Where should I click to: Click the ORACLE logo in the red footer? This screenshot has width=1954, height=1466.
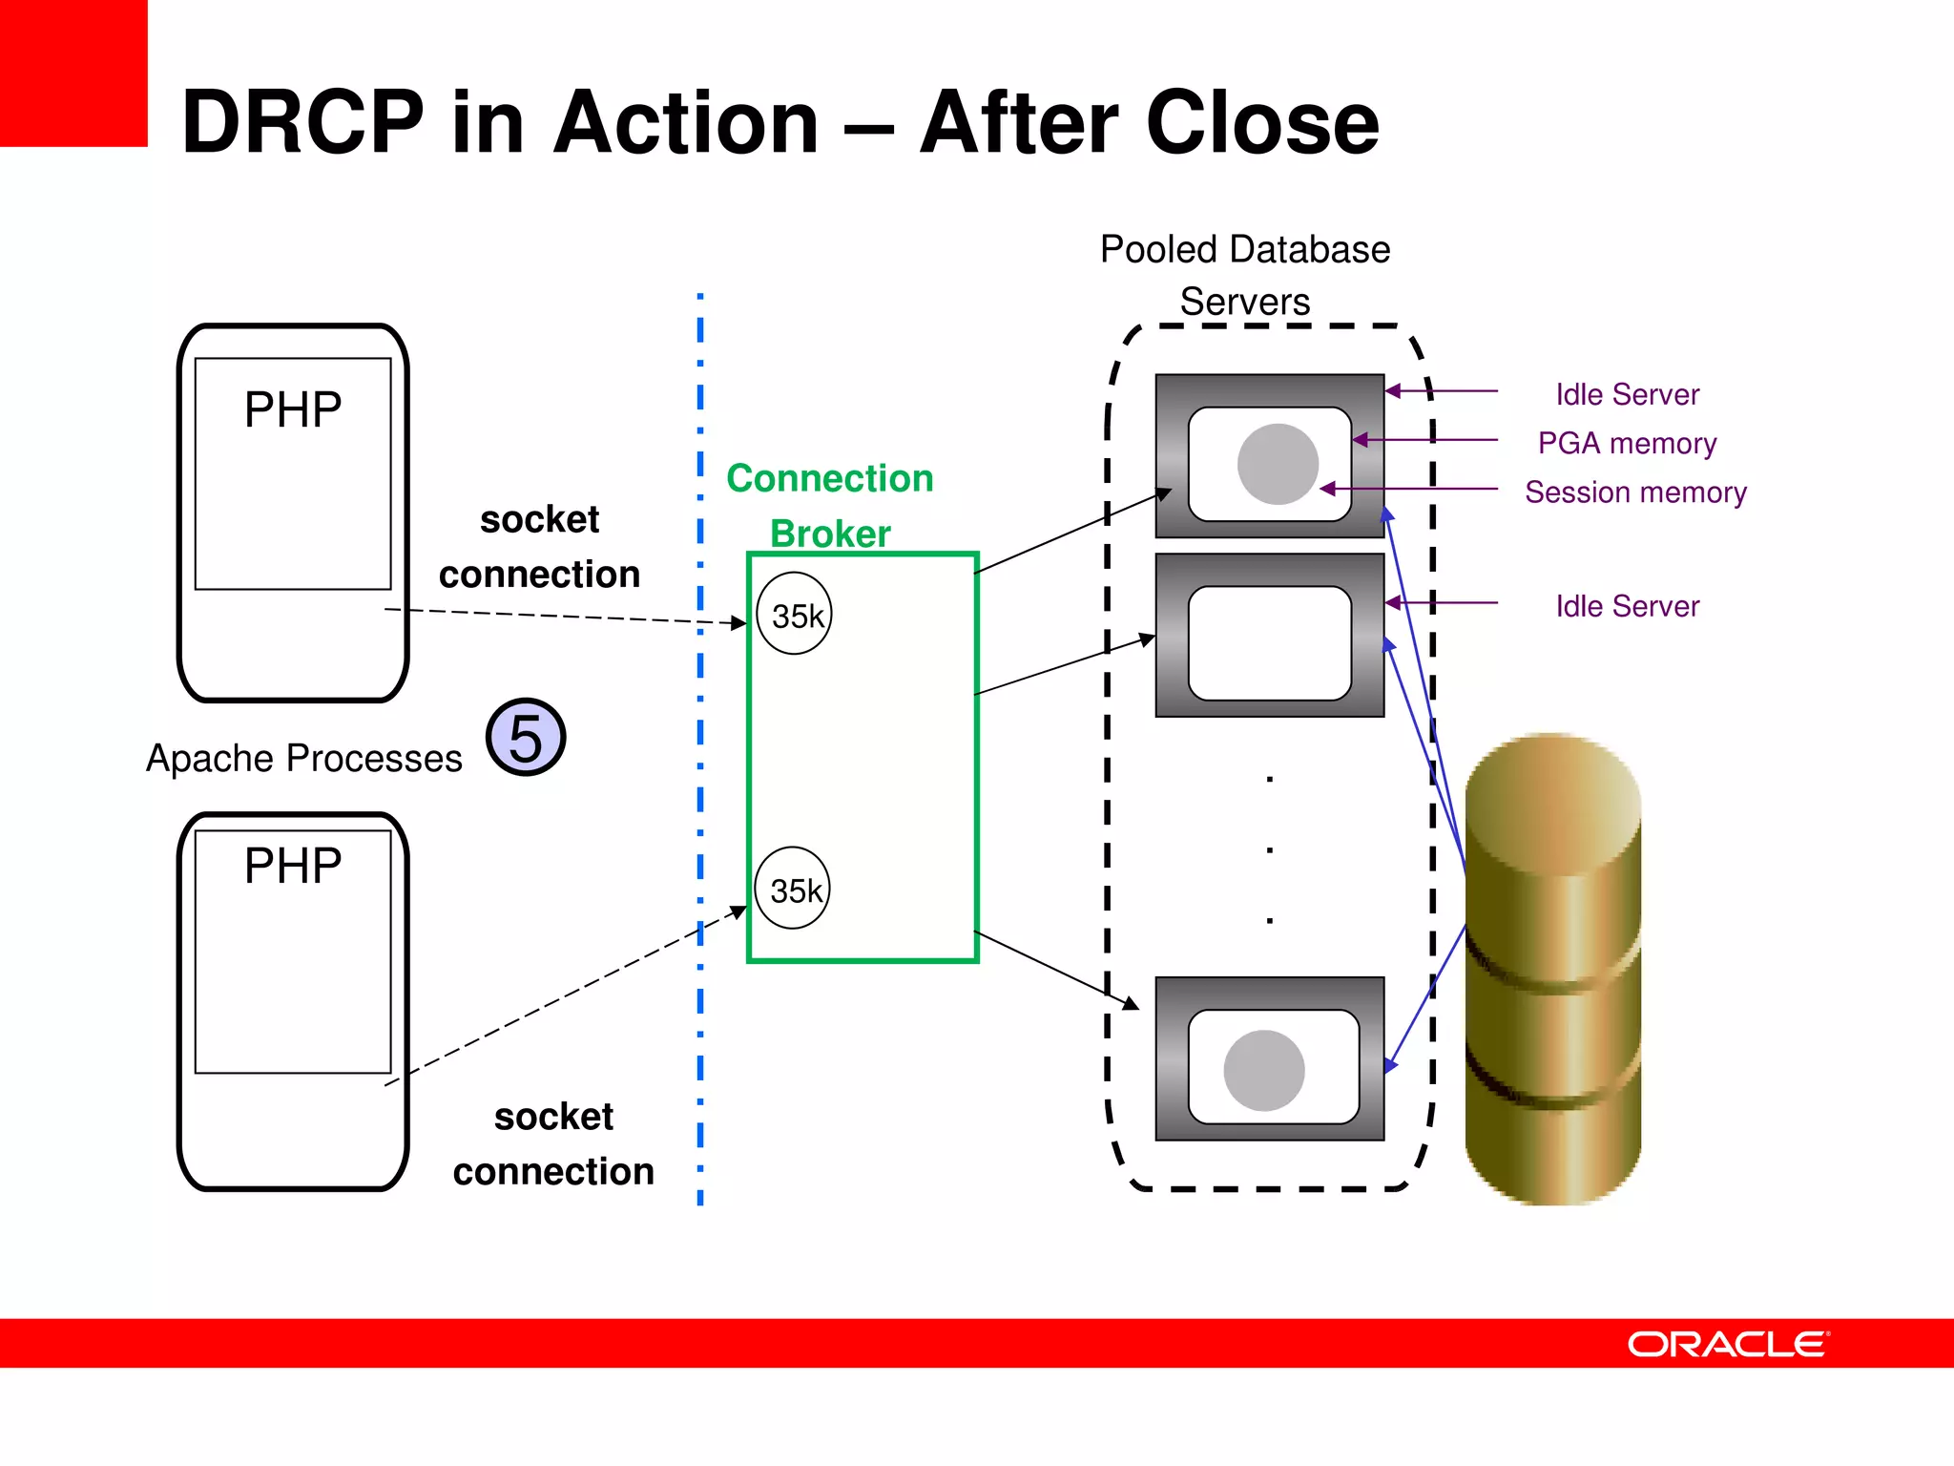(x=1728, y=1344)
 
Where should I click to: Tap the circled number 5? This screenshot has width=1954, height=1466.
(x=526, y=738)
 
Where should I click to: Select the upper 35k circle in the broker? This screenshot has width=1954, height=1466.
(x=795, y=614)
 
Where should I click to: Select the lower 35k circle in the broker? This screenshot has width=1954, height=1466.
(x=793, y=889)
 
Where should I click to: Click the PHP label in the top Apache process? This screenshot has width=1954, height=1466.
(x=293, y=410)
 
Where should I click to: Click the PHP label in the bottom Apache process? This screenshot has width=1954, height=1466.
(x=293, y=867)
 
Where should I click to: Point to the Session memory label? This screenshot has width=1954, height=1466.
(x=1635, y=492)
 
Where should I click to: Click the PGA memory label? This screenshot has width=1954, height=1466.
(x=1627, y=443)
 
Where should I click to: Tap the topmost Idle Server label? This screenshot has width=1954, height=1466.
(x=1627, y=394)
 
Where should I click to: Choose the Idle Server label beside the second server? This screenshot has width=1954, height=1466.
(x=1627, y=606)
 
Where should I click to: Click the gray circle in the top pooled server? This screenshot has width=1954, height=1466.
(x=1278, y=465)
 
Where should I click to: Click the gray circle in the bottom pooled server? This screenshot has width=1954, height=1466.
(x=1264, y=1070)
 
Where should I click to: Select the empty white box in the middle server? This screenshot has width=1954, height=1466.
(x=1270, y=642)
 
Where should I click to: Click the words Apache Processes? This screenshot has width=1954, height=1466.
(x=303, y=759)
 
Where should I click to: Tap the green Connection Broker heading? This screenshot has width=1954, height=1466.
(x=830, y=505)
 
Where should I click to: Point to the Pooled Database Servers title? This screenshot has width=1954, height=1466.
(x=1245, y=275)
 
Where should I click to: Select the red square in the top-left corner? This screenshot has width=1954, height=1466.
(x=73, y=73)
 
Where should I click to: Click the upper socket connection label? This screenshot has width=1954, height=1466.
(x=539, y=547)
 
